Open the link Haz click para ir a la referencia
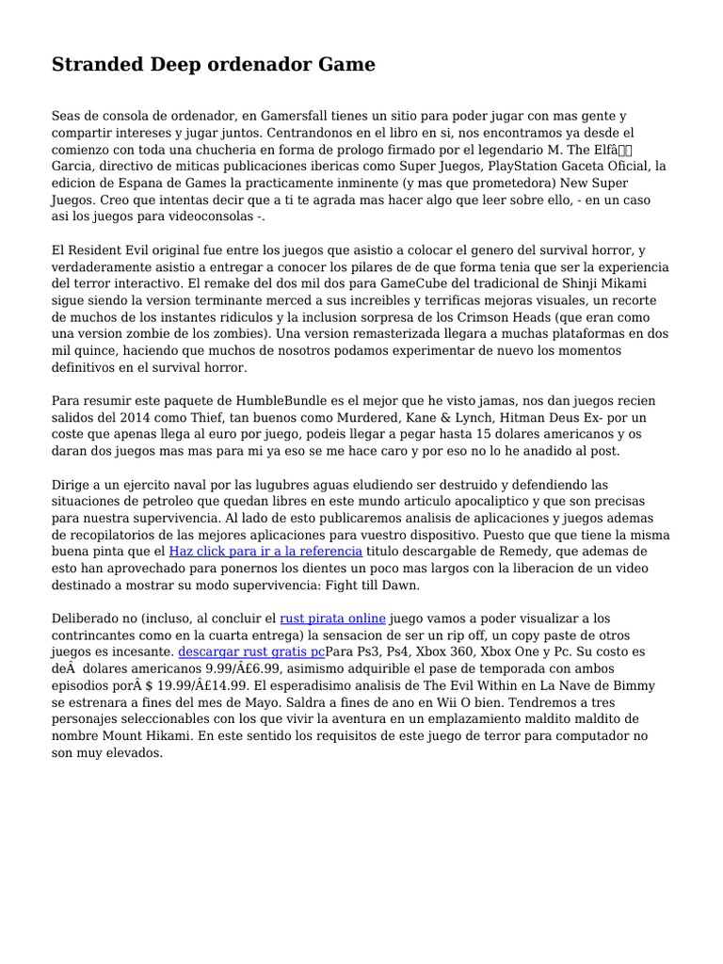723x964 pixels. click(265, 551)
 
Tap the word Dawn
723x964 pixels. click(399, 585)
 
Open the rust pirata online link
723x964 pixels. click(333, 618)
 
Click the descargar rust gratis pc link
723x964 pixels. click(251, 651)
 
